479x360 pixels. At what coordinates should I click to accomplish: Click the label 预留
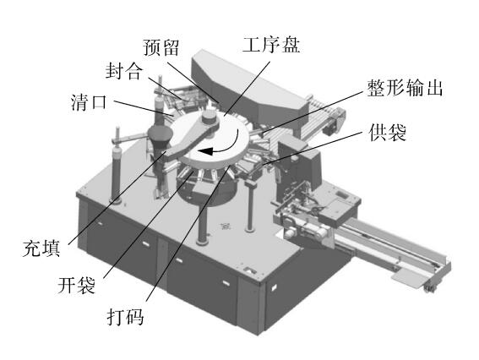click(161, 47)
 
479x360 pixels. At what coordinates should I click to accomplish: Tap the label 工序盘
click(271, 45)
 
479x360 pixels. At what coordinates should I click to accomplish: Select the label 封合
click(124, 71)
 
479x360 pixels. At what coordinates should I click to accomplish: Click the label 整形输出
click(405, 88)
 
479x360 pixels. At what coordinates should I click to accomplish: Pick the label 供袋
click(388, 132)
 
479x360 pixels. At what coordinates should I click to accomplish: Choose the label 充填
click(41, 248)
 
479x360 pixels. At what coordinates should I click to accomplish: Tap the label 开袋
click(77, 285)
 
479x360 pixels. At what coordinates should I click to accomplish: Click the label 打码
click(126, 316)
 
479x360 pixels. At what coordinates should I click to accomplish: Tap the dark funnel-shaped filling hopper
click(160, 137)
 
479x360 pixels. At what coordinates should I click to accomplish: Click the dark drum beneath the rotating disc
click(208, 188)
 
